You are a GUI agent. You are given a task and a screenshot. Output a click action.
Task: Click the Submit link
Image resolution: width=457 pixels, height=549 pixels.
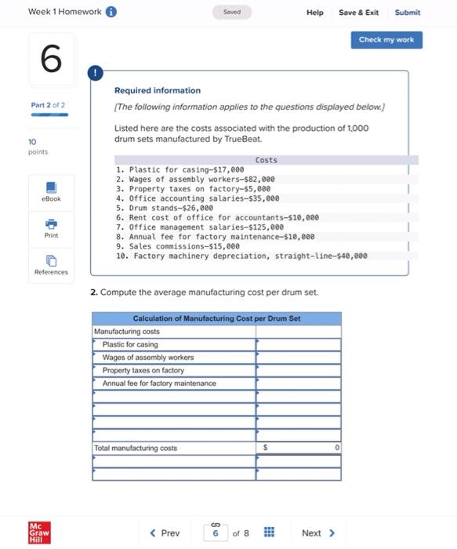407,13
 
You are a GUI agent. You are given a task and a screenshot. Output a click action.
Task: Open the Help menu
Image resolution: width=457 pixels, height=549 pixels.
314,13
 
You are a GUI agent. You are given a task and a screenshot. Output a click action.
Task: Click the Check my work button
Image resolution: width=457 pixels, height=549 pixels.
386,40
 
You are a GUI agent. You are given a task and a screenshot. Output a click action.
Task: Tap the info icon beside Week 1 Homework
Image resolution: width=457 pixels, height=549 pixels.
111,12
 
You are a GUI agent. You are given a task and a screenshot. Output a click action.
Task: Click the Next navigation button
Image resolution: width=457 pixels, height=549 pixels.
317,533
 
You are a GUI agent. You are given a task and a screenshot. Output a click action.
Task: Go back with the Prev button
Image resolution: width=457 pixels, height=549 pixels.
165,533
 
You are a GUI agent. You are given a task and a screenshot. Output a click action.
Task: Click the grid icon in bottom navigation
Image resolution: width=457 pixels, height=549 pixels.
267,533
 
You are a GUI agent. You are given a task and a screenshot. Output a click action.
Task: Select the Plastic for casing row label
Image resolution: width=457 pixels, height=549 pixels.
130,344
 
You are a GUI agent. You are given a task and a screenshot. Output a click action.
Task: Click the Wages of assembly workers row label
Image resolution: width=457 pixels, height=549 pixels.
148,358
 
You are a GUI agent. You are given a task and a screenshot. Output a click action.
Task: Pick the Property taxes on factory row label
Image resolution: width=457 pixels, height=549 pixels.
143,370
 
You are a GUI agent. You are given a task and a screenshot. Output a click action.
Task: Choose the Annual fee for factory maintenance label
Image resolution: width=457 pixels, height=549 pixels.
159,384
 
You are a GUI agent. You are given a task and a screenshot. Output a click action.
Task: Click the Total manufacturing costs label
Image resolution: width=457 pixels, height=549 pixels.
136,448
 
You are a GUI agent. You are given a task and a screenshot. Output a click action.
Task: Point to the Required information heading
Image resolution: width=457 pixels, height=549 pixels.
158,91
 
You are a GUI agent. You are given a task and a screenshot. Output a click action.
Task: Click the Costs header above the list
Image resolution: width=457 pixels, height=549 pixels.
266,160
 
